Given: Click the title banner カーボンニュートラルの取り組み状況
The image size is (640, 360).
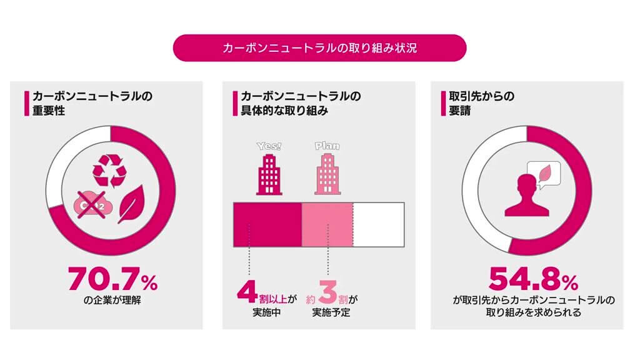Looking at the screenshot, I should pyautogui.click(x=319, y=48).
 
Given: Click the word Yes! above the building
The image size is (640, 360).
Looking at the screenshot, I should pyautogui.click(x=269, y=147).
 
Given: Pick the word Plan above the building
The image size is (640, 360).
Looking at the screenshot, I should pyautogui.click(x=327, y=147).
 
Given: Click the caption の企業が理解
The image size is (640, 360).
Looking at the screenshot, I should pyautogui.click(x=112, y=299).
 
